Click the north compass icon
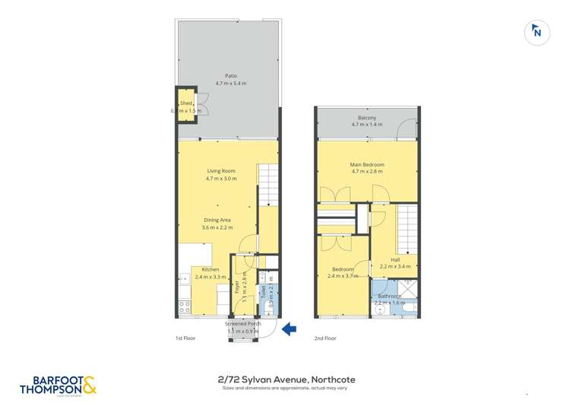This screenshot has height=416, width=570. click(x=537, y=32)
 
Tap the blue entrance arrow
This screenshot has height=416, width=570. click(x=290, y=329)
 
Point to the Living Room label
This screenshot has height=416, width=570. click(x=221, y=171)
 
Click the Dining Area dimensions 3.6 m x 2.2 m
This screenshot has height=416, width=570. click(x=217, y=227)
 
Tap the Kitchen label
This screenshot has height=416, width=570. click(x=210, y=269)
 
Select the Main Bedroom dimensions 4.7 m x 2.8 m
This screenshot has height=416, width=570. click(x=367, y=172)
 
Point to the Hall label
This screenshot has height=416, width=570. click(x=395, y=259)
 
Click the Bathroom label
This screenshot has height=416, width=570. click(x=390, y=296)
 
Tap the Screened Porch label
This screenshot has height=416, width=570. click(x=243, y=324)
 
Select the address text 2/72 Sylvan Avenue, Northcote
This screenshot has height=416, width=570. click(x=285, y=379)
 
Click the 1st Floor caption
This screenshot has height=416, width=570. click(x=185, y=338)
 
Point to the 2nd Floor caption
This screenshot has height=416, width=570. click(x=325, y=338)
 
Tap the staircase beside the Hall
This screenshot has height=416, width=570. click(x=408, y=229)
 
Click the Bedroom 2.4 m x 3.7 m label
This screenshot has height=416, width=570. click(x=342, y=273)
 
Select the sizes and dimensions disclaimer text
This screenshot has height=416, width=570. click(x=285, y=388)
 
